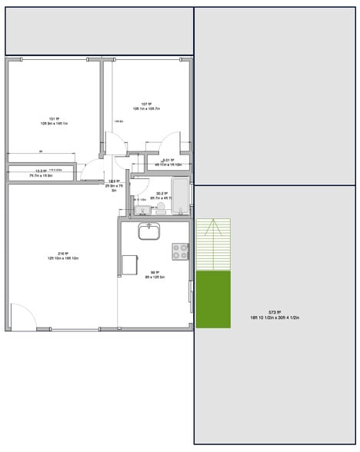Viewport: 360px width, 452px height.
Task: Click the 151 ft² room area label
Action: [54, 118]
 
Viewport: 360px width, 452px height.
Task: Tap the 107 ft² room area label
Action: [145, 105]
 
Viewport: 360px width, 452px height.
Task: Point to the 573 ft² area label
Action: [275, 312]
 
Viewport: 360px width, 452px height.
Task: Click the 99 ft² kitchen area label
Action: [154, 271]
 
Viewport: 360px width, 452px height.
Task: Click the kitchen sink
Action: [149, 231]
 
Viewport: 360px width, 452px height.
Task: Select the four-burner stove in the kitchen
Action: [180, 251]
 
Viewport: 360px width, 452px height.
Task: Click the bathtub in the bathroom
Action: [180, 197]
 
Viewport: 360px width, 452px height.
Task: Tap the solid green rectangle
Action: [213, 299]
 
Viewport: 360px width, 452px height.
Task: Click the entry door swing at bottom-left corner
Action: [22, 317]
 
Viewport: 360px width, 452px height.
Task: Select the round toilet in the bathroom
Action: [161, 207]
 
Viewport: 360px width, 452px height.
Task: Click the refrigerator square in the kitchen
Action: [129, 264]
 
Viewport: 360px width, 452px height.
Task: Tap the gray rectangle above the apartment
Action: [99, 32]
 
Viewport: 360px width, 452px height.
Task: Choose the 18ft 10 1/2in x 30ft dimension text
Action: [275, 317]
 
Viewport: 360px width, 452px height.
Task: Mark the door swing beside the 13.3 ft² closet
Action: [93, 169]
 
